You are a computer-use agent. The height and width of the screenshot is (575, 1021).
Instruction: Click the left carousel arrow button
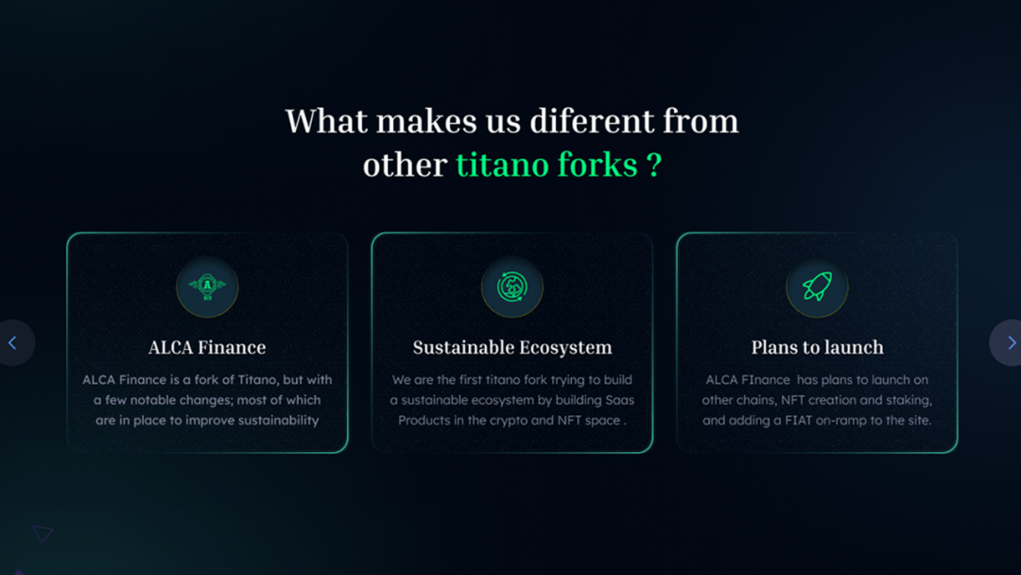pos(14,342)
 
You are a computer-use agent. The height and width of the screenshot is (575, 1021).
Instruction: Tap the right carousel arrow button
pos(1007,342)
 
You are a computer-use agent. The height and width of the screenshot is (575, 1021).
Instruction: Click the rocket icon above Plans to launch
pos(817,287)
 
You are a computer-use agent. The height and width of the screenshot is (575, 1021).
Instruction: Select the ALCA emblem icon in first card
pos(207,287)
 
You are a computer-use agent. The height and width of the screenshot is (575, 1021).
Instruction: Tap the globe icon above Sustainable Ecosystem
pos(512,287)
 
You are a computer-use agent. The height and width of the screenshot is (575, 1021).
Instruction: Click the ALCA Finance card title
pos(207,347)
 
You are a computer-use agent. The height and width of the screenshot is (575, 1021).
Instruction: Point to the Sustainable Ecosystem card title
pos(512,347)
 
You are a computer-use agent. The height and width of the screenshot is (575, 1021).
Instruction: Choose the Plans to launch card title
pos(817,347)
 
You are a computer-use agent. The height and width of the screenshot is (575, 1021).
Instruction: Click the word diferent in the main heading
pos(591,121)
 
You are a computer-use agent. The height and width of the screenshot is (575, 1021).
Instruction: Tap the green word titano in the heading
pos(506,165)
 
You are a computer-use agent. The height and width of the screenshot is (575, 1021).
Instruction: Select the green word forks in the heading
pos(597,165)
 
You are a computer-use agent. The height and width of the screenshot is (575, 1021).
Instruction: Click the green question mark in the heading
pos(654,165)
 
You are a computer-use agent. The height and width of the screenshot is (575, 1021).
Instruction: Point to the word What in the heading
pos(326,121)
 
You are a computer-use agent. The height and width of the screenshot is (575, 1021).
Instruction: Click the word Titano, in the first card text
pos(257,379)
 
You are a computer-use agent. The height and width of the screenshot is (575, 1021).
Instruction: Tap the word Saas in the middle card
pos(619,400)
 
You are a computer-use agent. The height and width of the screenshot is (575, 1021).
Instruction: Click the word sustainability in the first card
pos(278,421)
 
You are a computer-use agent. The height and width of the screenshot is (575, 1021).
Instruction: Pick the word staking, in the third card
pos(909,400)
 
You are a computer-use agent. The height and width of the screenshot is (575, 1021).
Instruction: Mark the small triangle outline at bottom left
pos(42,533)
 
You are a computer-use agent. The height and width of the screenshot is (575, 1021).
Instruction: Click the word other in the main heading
pos(405,165)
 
